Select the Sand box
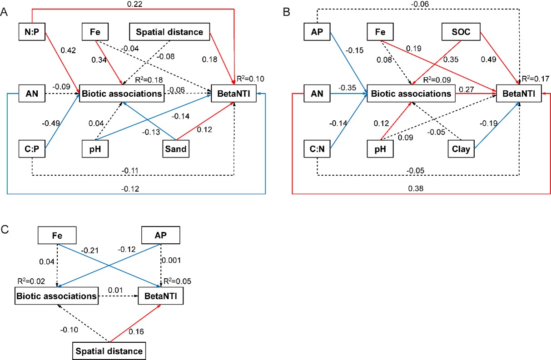(175, 148)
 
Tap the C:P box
(32, 148)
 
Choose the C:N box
(318, 148)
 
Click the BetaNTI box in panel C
(161, 297)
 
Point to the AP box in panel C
(161, 236)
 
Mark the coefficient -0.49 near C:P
(51, 123)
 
